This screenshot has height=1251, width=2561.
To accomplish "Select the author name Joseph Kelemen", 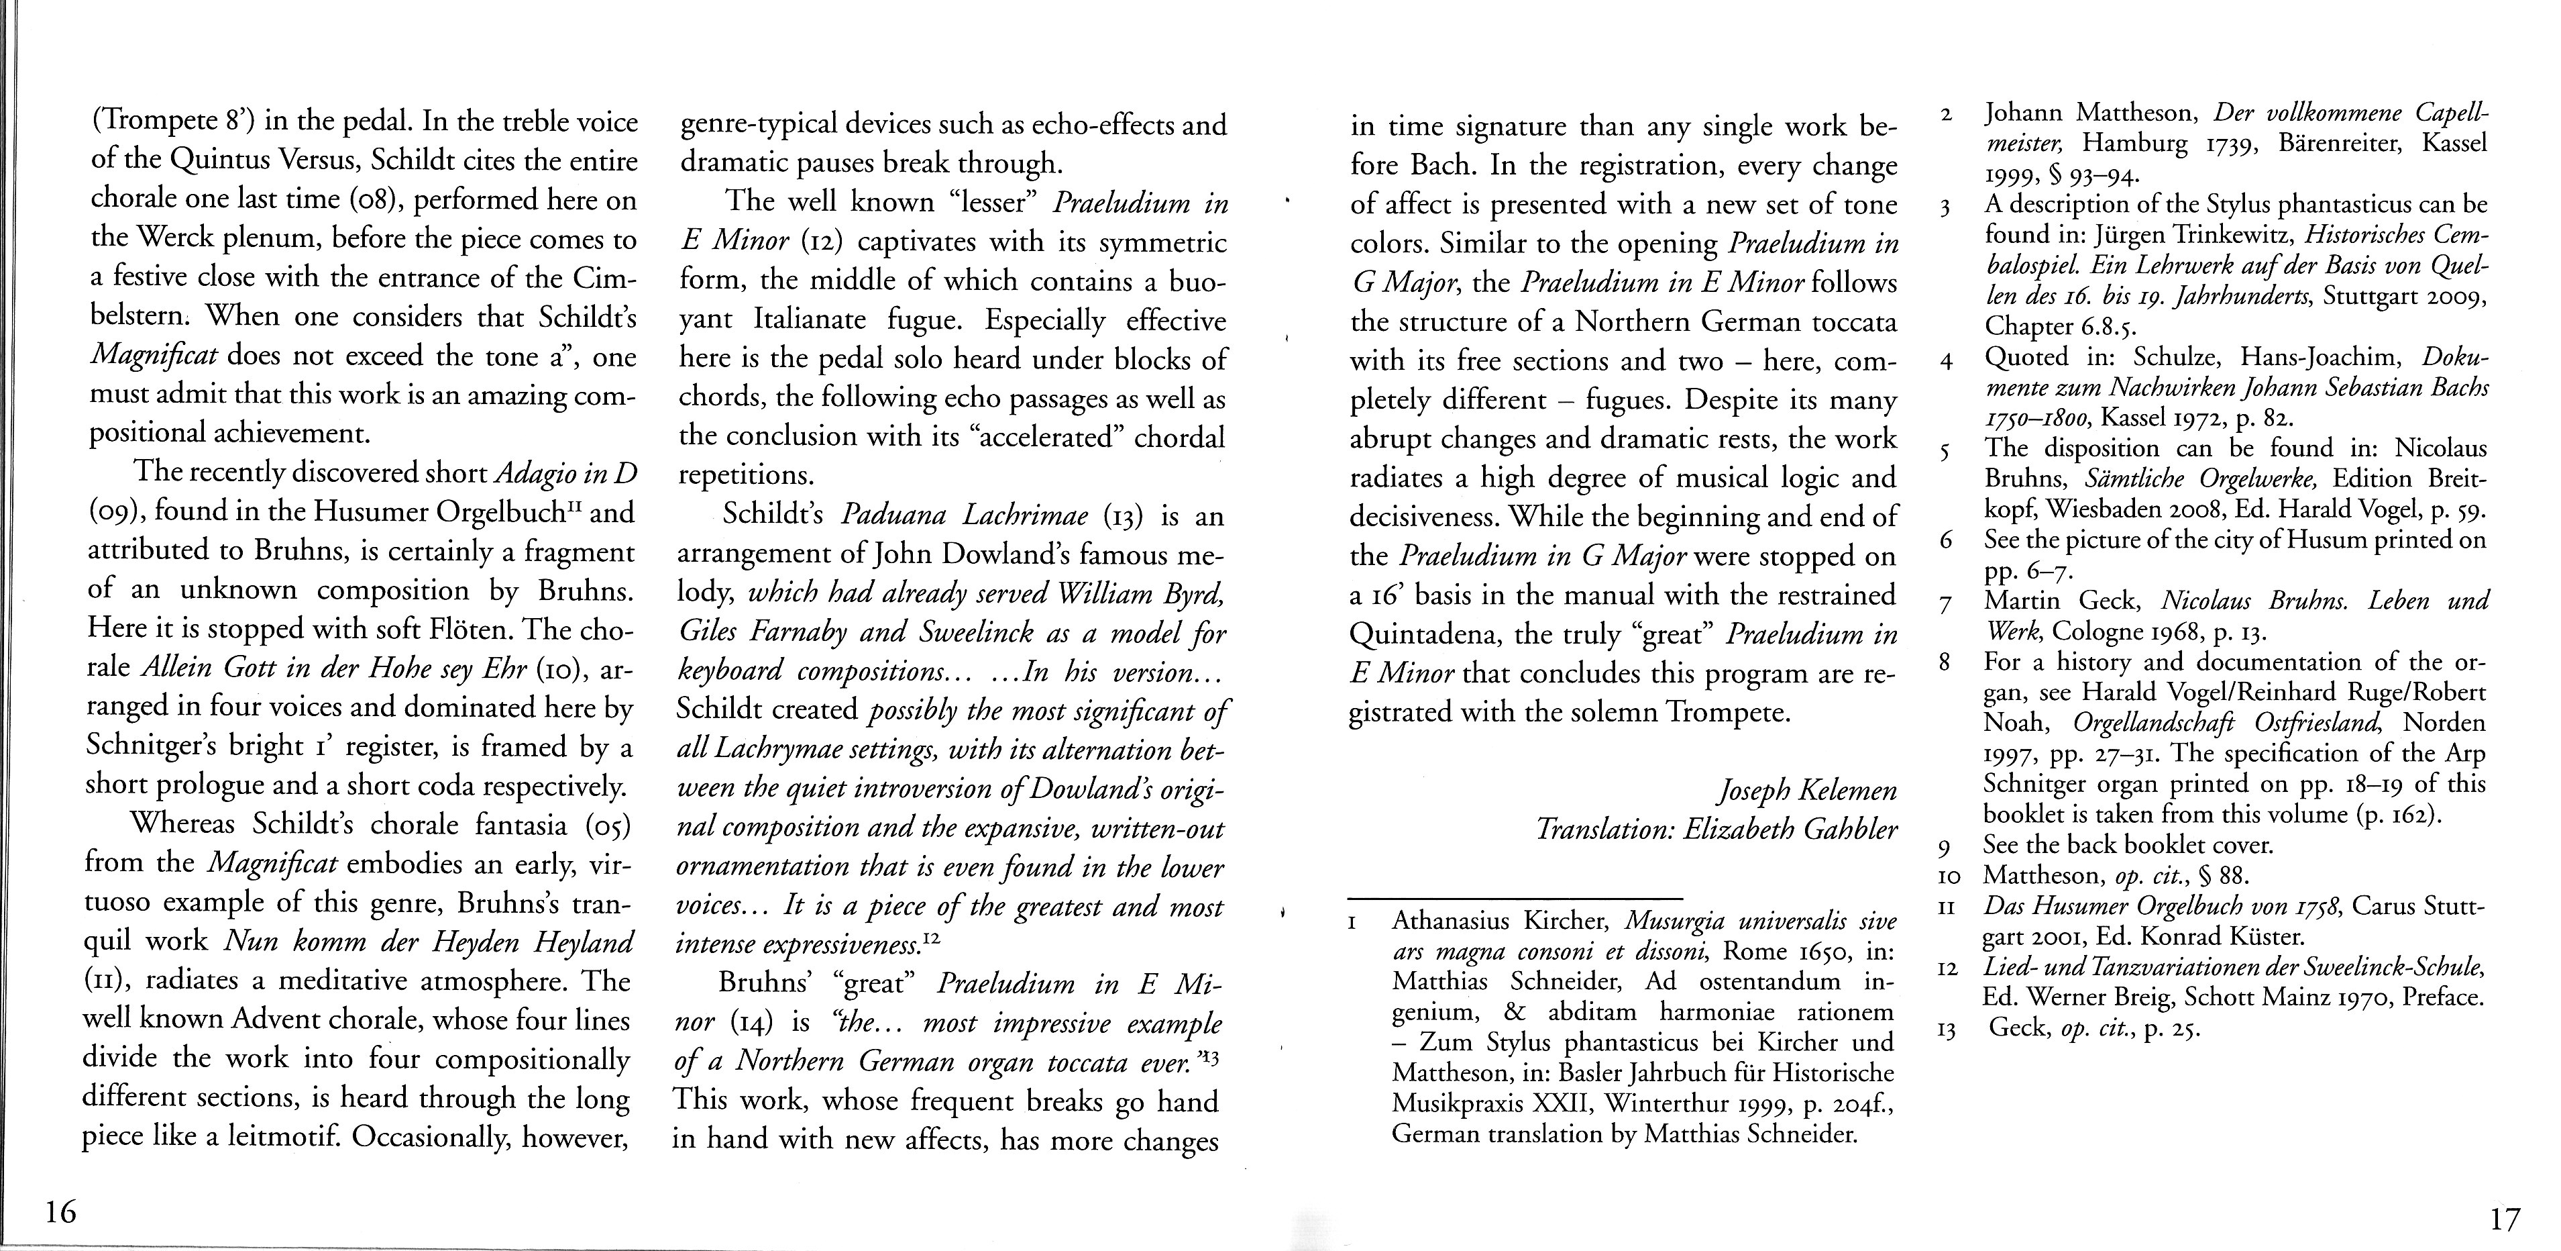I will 1806,791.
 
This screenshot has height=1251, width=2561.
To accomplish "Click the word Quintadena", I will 1429,634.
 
